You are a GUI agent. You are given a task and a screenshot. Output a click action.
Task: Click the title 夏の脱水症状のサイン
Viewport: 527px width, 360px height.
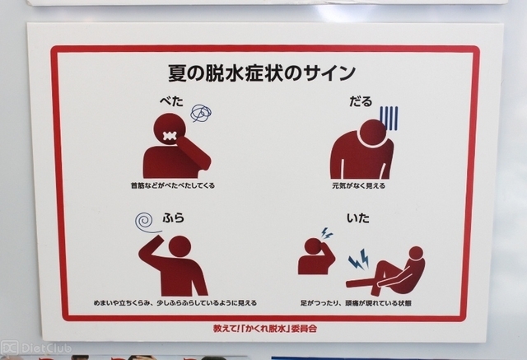tap(262, 72)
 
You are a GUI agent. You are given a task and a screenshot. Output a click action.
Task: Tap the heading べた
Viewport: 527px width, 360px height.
tap(171, 101)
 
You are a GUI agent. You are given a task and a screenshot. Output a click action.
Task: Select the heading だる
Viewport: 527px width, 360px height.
tap(361, 101)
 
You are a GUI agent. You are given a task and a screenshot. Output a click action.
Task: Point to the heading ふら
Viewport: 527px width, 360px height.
tap(174, 217)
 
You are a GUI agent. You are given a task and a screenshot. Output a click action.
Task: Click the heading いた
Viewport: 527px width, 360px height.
tap(358, 218)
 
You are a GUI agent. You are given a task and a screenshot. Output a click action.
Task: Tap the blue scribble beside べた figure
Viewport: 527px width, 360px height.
tap(201, 113)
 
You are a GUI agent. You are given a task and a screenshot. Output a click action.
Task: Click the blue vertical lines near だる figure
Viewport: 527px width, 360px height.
tap(389, 119)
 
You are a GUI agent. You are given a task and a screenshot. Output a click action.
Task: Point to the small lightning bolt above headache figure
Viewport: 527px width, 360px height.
tap(326, 233)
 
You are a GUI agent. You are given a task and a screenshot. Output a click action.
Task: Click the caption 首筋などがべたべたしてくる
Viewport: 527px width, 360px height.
tap(173, 185)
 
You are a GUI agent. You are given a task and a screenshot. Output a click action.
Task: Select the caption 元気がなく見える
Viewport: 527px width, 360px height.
tap(359, 185)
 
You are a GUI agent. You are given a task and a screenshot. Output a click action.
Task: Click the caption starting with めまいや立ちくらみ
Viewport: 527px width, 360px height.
tap(175, 303)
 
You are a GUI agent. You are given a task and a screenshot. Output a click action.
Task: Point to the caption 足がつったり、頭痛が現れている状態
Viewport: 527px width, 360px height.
tap(356, 303)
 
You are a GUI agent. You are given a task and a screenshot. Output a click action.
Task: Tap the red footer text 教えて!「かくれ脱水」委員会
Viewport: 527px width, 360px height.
tap(265, 329)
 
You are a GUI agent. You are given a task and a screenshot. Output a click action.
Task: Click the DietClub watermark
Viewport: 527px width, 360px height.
tap(36, 348)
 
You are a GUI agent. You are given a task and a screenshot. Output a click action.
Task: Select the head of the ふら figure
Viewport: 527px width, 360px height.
tap(180, 246)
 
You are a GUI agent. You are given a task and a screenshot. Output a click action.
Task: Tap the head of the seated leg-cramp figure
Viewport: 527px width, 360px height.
tap(417, 253)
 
